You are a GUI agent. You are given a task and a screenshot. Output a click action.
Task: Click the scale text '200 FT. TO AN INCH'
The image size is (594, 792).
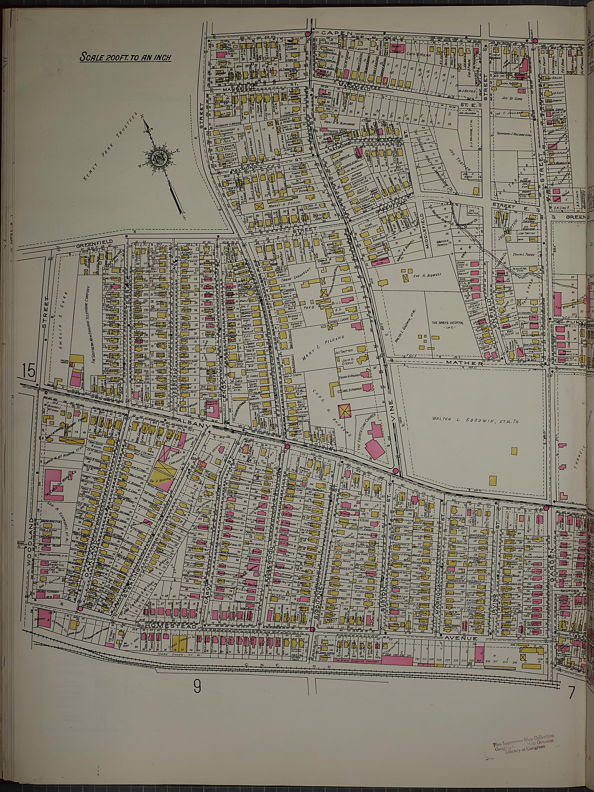[125, 57]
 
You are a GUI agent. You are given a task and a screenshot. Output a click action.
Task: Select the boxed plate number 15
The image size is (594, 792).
[28, 370]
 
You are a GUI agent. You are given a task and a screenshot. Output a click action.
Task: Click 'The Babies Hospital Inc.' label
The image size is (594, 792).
[447, 325]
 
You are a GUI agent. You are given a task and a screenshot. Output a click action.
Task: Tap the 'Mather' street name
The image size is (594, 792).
[460, 363]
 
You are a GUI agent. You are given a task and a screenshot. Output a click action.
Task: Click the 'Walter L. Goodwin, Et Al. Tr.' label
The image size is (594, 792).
[475, 422]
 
